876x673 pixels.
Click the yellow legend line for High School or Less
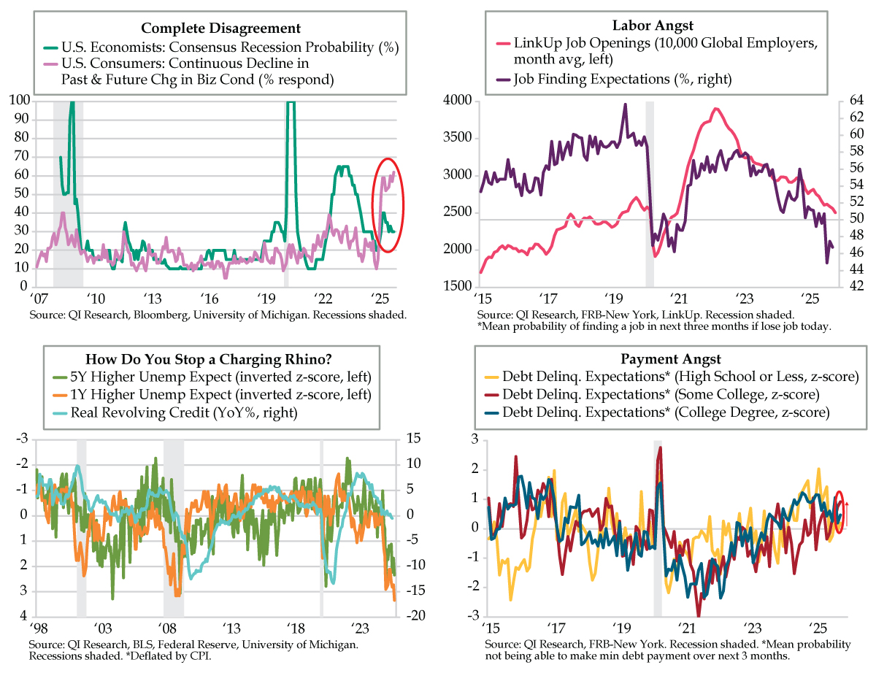(x=494, y=377)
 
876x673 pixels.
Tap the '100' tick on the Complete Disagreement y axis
(x=20, y=100)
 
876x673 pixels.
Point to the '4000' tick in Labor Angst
(x=458, y=100)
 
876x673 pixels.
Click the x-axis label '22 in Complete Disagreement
(x=322, y=299)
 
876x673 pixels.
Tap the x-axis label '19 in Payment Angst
(x=621, y=628)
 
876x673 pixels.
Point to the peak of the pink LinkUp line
(x=715, y=109)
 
